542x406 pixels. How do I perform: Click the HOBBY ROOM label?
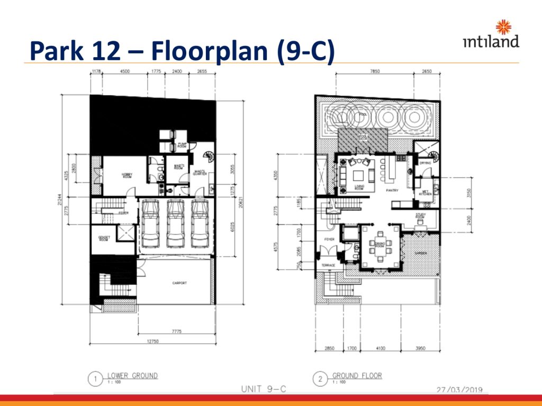point(127,176)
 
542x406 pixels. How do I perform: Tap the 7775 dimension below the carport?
point(176,331)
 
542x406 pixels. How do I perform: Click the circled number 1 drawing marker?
point(95,379)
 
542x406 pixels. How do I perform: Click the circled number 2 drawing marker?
point(320,379)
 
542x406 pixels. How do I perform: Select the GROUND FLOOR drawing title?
point(357,376)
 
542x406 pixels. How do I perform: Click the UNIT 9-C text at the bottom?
point(264,389)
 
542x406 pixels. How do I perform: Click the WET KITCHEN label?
point(426,193)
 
